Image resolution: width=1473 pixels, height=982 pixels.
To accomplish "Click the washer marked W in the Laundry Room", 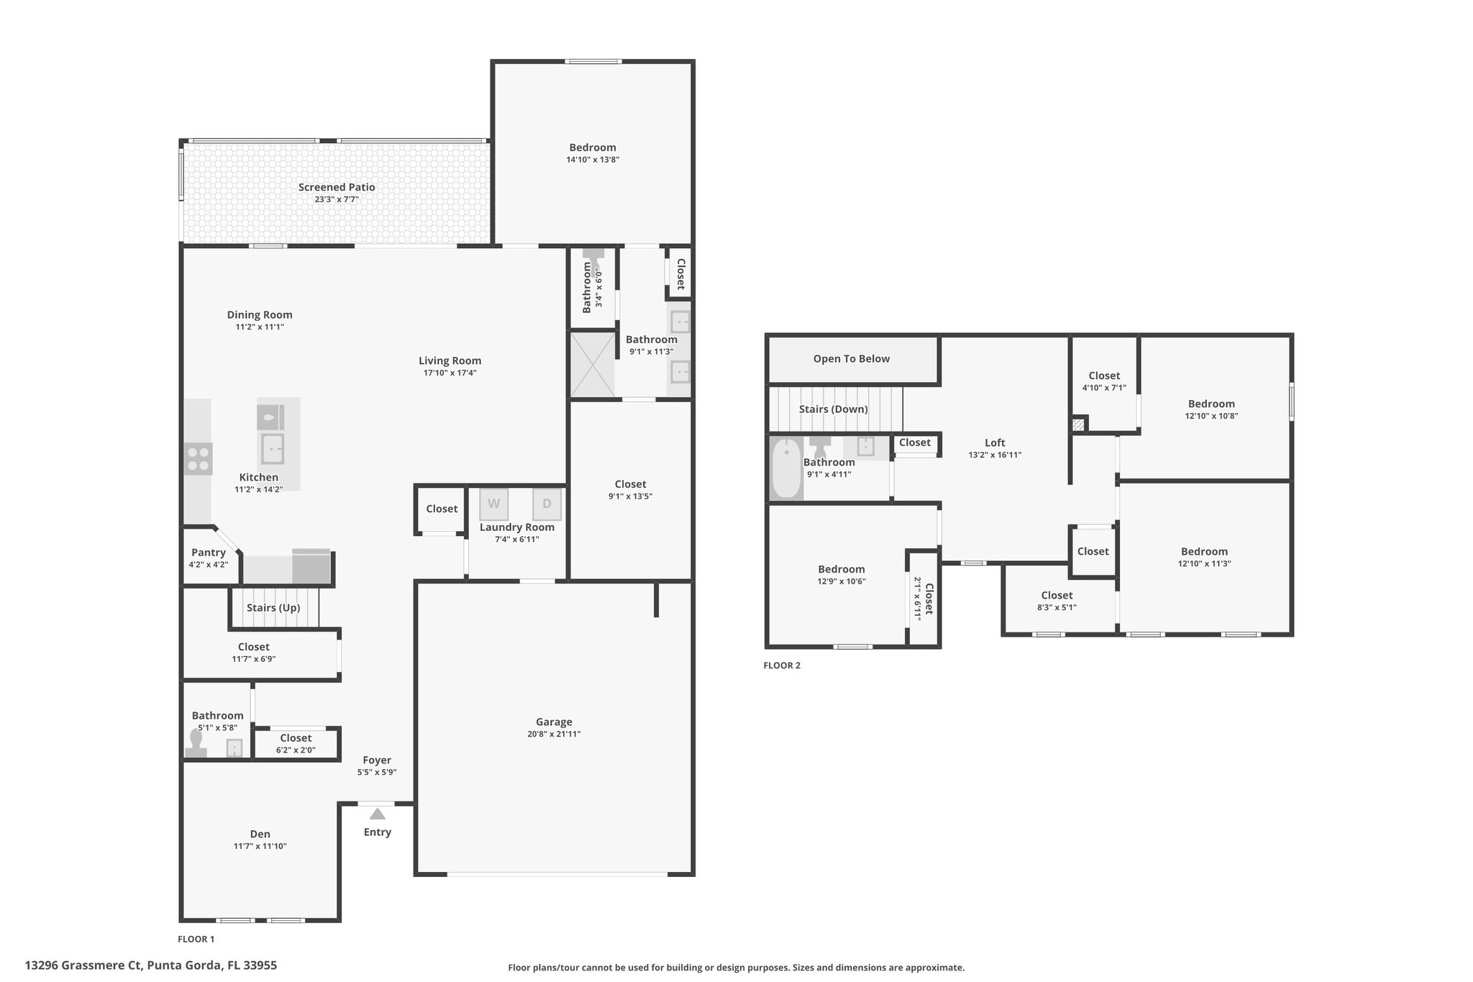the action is pos(493,504).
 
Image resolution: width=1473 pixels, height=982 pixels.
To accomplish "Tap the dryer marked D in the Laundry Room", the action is pos(547,504).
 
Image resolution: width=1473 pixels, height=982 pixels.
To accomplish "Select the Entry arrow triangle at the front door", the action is pos(377,814).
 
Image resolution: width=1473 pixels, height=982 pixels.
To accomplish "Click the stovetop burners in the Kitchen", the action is pos(199,459).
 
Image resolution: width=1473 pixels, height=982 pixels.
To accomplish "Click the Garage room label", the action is pos(554,722).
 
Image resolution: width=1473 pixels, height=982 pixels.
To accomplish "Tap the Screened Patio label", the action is pos(337,187).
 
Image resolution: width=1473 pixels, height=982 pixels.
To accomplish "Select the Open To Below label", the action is pos(852,358).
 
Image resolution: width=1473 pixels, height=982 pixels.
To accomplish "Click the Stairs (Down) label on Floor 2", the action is pos(833,409).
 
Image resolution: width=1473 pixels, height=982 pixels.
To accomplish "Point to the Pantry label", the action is pos(209,553).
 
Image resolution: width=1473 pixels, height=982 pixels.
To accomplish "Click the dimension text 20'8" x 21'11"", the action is pos(554,735).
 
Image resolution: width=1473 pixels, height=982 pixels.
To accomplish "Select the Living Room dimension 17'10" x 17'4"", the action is pos(450,373).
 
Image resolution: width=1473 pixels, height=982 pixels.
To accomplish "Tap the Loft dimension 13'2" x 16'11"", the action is pos(995,455).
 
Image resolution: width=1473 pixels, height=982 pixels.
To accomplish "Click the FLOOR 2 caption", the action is pos(782,665).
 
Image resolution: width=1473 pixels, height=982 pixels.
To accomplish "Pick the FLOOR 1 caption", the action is pos(196,939).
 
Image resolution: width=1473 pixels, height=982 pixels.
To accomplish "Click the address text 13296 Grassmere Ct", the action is pos(84,965).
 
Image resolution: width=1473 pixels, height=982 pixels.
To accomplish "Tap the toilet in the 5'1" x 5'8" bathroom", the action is pos(196,745).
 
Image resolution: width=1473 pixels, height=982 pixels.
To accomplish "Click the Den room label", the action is pos(260,834).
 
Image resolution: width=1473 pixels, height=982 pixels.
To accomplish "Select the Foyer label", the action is pos(377,760).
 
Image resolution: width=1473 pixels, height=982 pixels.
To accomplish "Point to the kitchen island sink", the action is pos(272,449).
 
